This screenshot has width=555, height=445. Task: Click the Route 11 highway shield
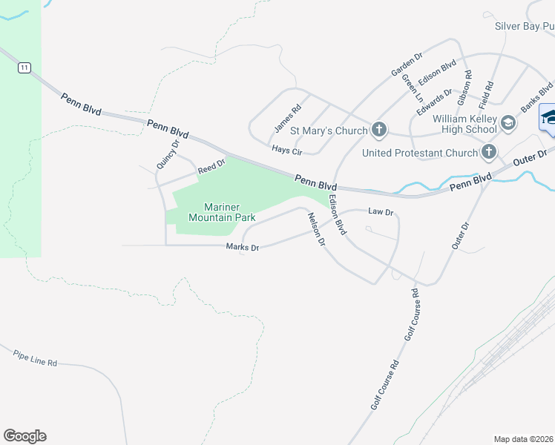25,67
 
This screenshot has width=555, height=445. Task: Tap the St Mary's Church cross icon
378,131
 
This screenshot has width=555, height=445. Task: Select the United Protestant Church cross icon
488,153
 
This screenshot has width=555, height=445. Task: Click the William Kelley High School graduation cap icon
508,123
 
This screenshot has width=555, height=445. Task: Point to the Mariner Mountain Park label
222,212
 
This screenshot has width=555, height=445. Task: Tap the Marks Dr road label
243,248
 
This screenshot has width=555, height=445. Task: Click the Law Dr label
380,212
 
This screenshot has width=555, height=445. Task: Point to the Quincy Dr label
168,154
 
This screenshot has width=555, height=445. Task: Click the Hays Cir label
287,151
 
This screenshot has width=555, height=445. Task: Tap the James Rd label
287,119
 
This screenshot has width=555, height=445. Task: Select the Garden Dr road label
407,65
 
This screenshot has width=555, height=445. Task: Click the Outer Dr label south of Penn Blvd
461,235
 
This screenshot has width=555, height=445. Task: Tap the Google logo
24,436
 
